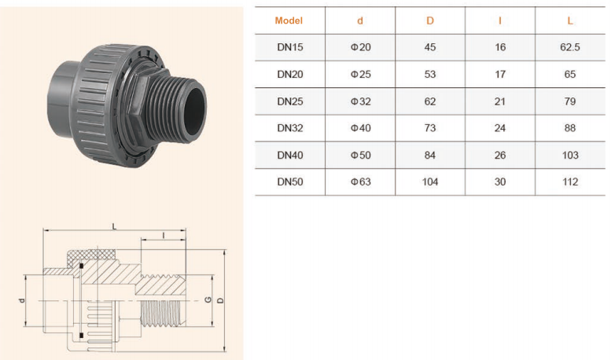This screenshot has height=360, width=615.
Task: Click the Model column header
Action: coord(289,20)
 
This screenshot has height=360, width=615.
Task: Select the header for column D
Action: coord(430,20)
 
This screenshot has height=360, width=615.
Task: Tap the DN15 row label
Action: coord(290,47)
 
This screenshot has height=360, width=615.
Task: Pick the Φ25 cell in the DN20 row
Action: coord(360,74)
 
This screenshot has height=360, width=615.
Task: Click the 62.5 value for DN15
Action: coord(570,47)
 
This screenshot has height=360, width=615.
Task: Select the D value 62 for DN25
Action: coord(430,101)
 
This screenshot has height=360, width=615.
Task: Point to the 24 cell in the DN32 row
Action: coord(499,128)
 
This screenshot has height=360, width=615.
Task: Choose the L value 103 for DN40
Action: coord(570,155)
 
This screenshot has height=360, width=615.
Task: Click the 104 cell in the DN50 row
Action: coord(430,182)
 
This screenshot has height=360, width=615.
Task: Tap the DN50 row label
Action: coord(290,182)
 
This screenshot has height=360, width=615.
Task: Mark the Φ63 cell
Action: coord(360,182)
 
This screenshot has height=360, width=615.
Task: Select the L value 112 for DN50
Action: coord(570,182)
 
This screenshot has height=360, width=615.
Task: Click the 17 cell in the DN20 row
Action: coord(499,74)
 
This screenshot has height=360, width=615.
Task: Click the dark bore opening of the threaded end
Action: coord(195,108)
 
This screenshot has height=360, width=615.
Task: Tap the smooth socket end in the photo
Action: coord(63,99)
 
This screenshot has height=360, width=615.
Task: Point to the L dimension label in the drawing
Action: coord(114,226)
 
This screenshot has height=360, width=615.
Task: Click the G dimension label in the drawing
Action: coord(208,300)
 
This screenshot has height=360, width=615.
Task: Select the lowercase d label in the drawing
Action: coord(22,300)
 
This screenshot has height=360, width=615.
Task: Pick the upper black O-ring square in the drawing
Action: coord(81,266)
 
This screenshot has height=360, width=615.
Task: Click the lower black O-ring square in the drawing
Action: coord(81,336)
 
